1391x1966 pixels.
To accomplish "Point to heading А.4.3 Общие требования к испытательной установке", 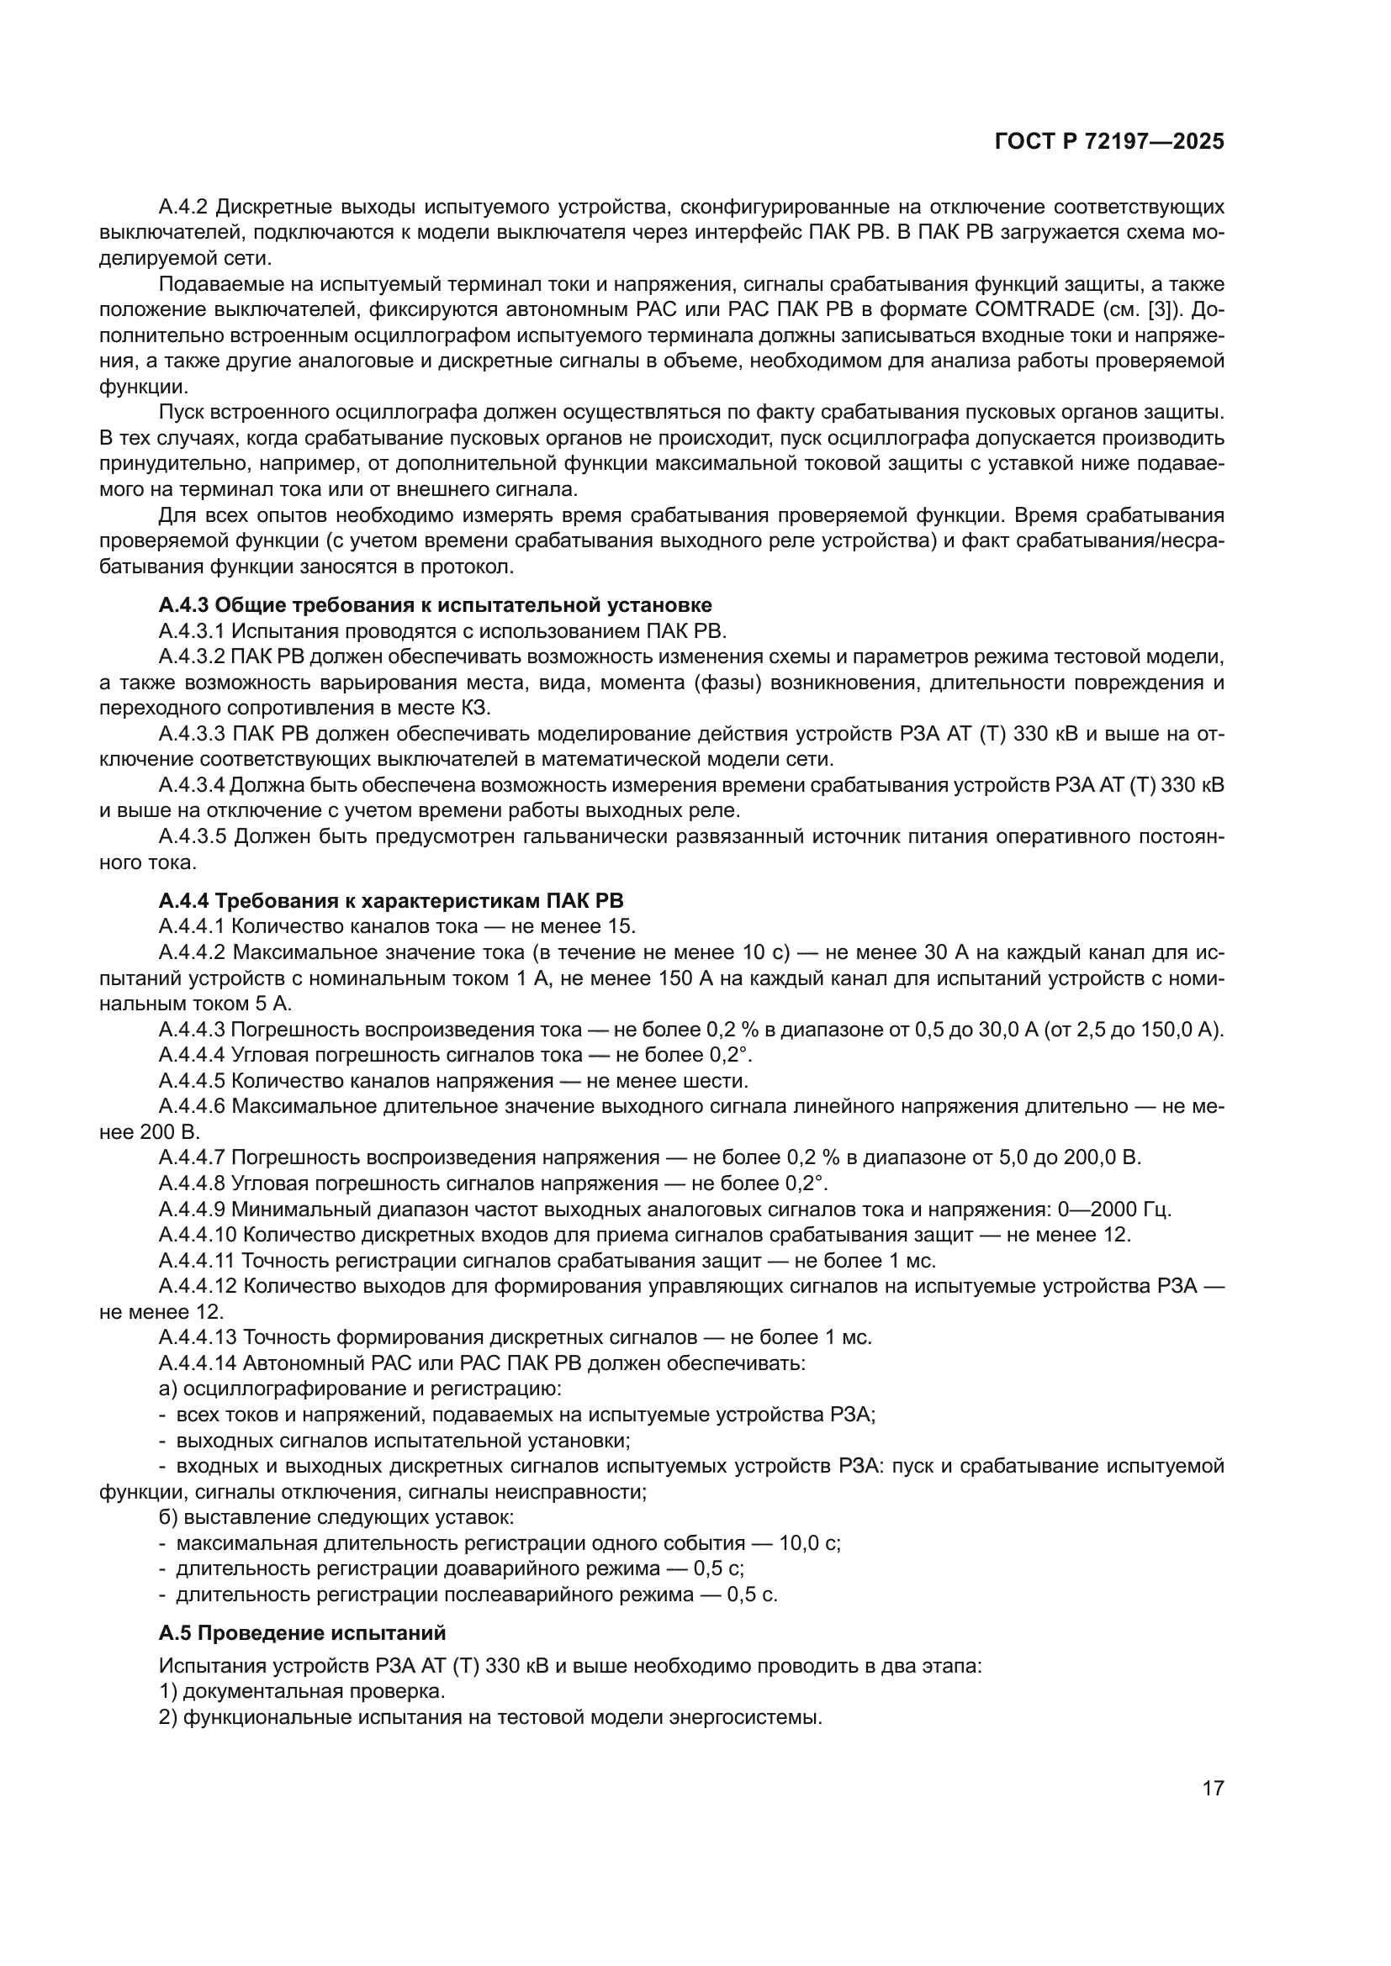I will point(435,605).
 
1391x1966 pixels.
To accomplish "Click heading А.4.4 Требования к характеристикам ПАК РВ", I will point(391,901).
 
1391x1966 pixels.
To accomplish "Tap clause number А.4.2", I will point(184,208).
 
